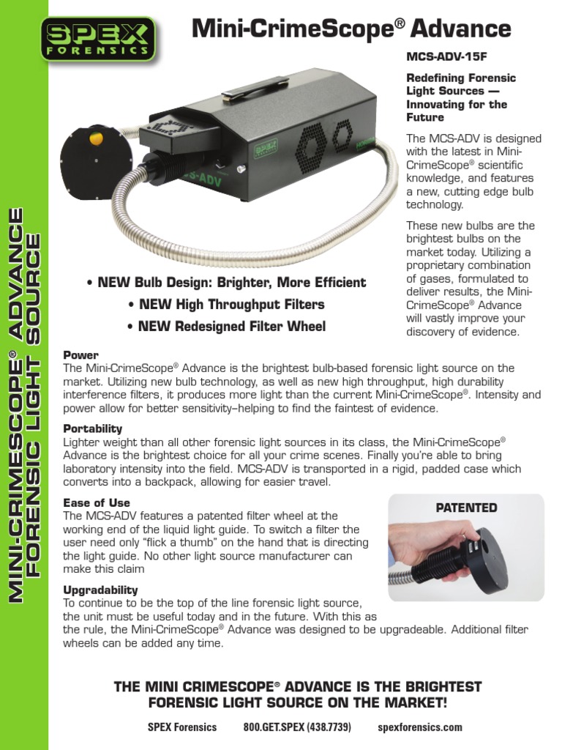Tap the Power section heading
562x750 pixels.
pos(80,355)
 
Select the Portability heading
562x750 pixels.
pos(93,428)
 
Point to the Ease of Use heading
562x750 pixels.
pos(97,503)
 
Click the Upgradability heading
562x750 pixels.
pos(100,590)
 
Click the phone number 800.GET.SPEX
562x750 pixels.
pos(297,727)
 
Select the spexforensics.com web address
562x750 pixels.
pos(420,727)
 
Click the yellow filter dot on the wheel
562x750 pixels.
pos(96,138)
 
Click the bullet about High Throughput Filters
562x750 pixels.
pos(226,304)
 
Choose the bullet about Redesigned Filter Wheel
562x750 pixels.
pos(227,326)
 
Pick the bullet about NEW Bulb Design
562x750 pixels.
pos(226,282)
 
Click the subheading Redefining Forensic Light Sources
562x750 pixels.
pos(461,97)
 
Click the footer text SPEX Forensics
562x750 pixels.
pos(182,727)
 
